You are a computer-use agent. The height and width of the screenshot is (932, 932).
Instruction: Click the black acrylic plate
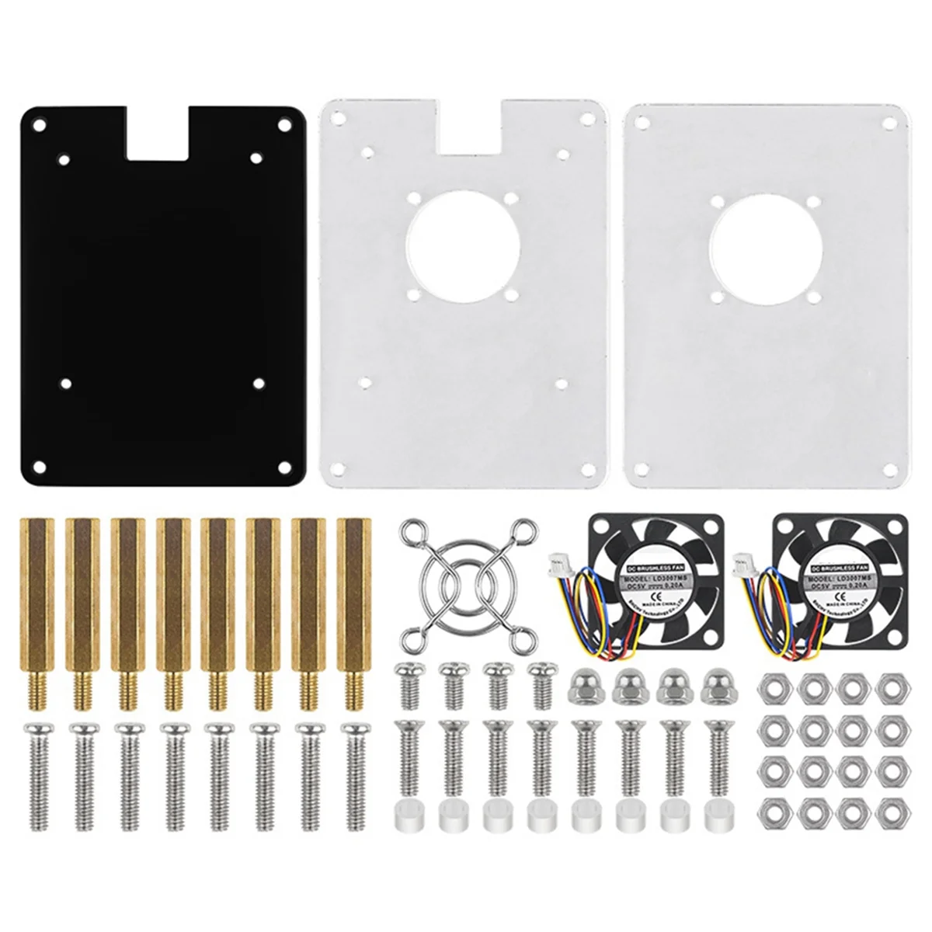coord(163,311)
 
